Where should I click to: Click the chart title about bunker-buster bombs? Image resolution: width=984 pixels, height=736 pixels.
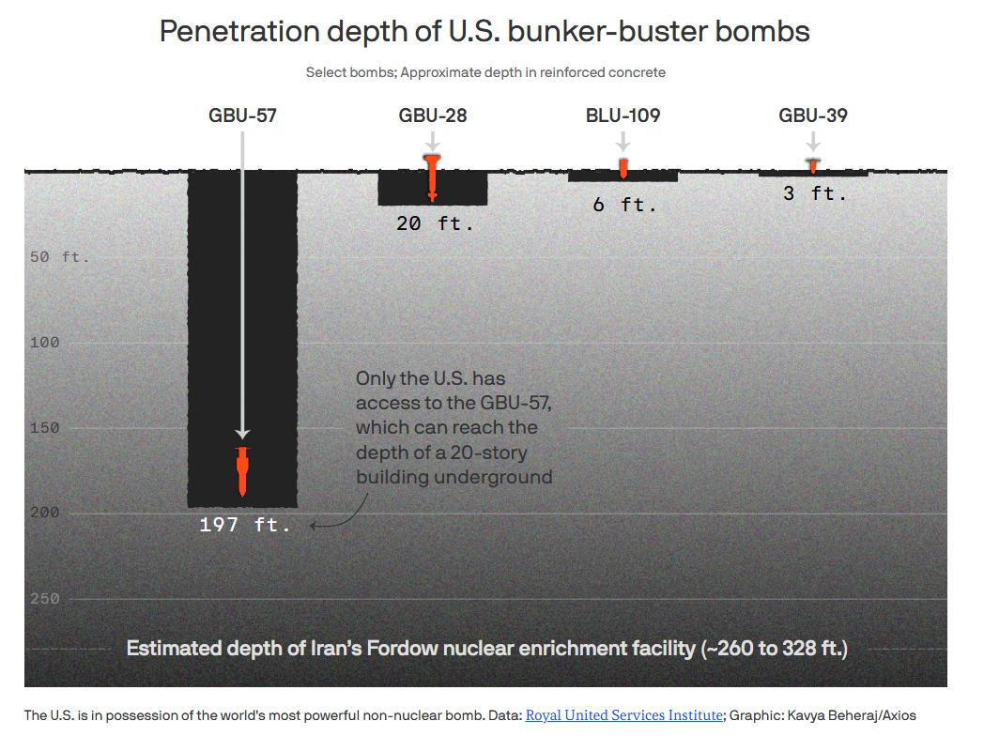pyautogui.click(x=484, y=31)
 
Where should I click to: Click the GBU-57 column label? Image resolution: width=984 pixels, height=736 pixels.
pyautogui.click(x=242, y=115)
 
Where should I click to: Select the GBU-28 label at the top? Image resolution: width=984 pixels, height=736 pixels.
pyautogui.click(x=433, y=115)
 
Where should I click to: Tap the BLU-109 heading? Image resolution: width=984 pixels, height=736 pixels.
pyautogui.click(x=623, y=115)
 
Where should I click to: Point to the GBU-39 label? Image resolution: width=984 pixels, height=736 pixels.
pyautogui.click(x=813, y=115)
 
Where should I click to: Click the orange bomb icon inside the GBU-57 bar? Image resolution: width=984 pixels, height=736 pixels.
pyautogui.click(x=243, y=472)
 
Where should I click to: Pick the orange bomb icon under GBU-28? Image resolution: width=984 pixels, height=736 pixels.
pyautogui.click(x=433, y=177)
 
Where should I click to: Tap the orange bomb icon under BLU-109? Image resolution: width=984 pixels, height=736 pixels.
pyautogui.click(x=623, y=168)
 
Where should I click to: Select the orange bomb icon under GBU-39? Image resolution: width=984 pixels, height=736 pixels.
pyautogui.click(x=813, y=165)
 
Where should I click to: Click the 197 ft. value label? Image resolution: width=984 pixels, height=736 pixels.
pyautogui.click(x=245, y=525)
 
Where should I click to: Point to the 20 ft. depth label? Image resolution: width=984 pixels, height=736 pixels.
pyautogui.click(x=435, y=223)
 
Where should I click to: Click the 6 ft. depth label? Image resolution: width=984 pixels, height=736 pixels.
pyautogui.click(x=624, y=205)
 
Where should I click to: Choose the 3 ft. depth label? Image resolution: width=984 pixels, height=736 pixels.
pyautogui.click(x=815, y=193)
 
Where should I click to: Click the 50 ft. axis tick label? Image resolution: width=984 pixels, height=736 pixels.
pyautogui.click(x=59, y=256)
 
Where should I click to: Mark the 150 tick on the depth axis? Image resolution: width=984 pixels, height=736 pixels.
pyautogui.click(x=44, y=428)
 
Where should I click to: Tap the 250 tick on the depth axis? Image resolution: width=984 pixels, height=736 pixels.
pyautogui.click(x=44, y=599)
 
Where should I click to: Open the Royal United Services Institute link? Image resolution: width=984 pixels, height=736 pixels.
pyautogui.click(x=623, y=715)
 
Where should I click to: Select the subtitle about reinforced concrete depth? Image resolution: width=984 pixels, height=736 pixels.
pyautogui.click(x=485, y=73)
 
